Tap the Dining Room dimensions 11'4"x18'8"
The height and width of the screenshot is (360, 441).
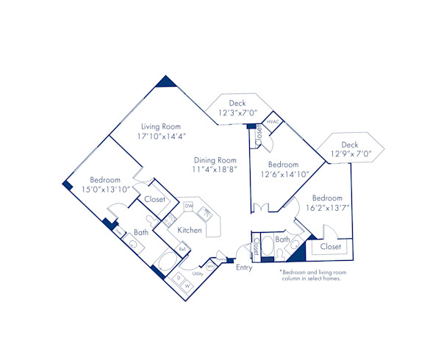pyautogui.click(x=215, y=169)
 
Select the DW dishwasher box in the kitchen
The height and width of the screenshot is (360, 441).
pyautogui.click(x=188, y=206)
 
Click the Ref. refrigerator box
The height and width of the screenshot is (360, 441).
pyautogui.click(x=182, y=249)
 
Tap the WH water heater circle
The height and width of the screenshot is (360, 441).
pyautogui.click(x=211, y=267)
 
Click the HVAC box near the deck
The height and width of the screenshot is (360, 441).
pyautogui.click(x=270, y=121)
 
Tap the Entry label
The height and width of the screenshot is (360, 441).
pyautogui.click(x=243, y=267)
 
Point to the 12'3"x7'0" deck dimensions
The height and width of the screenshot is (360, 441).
pyautogui.click(x=237, y=113)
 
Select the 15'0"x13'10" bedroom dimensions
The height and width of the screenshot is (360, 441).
pyautogui.click(x=104, y=189)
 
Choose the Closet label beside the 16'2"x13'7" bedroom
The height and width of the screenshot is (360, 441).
pyautogui.click(x=331, y=247)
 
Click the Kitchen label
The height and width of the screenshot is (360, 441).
pyautogui.click(x=190, y=230)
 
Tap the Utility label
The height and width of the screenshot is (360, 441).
pyautogui.click(x=197, y=273)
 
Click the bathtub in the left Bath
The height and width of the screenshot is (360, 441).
pyautogui.click(x=165, y=262)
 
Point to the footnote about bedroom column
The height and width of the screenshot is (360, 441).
pyautogui.click(x=310, y=275)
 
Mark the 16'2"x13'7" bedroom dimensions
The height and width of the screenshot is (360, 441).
pyautogui.click(x=326, y=208)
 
